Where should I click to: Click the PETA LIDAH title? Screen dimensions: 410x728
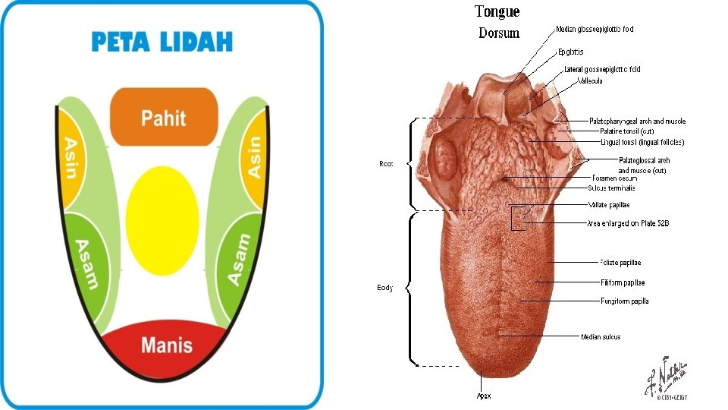click(x=162, y=42)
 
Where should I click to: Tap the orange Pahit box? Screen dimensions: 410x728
click(x=164, y=117)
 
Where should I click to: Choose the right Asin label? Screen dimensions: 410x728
click(x=255, y=156)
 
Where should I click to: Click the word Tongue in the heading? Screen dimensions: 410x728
click(x=497, y=11)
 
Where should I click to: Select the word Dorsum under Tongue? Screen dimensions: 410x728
click(x=499, y=33)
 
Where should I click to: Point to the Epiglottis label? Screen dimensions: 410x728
click(x=570, y=52)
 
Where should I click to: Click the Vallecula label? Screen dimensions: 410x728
click(x=589, y=80)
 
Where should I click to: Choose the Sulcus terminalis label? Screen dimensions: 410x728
click(x=611, y=188)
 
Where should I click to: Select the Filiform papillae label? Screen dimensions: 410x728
click(x=623, y=282)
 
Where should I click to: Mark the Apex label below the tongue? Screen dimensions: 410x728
click(x=482, y=396)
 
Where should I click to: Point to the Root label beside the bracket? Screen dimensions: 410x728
click(x=386, y=163)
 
